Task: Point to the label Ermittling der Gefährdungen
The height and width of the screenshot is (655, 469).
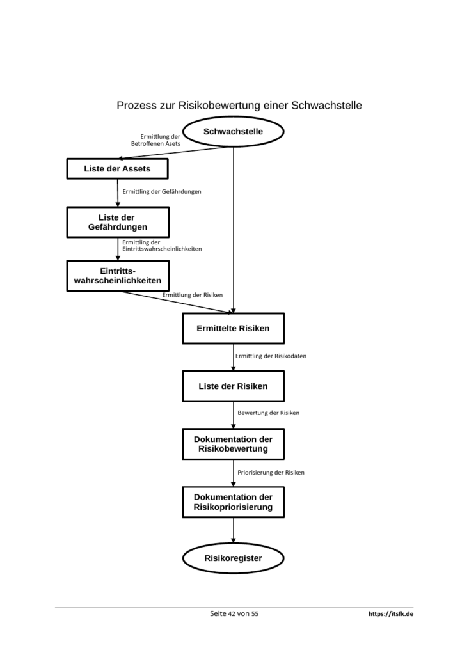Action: pyautogui.click(x=162, y=192)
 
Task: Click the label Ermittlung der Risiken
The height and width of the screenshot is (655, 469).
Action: pyautogui.click(x=193, y=295)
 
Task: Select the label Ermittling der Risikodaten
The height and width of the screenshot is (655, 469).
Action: pyautogui.click(x=271, y=356)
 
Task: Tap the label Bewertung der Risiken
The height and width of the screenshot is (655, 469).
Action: pyautogui.click(x=268, y=413)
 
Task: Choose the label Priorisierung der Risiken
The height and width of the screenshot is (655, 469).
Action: pyautogui.click(x=271, y=473)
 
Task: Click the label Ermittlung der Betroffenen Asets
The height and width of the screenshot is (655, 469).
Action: pyautogui.click(x=155, y=140)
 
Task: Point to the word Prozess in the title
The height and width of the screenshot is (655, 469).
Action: pyautogui.click(x=133, y=106)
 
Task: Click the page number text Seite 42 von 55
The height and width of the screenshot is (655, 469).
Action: pyautogui.click(x=234, y=613)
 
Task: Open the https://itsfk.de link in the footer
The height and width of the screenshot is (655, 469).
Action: pyautogui.click(x=391, y=613)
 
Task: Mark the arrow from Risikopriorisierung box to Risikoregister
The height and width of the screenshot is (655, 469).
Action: pyautogui.click(x=234, y=530)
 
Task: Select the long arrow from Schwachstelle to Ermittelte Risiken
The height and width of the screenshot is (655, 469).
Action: pyautogui.click(x=234, y=230)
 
